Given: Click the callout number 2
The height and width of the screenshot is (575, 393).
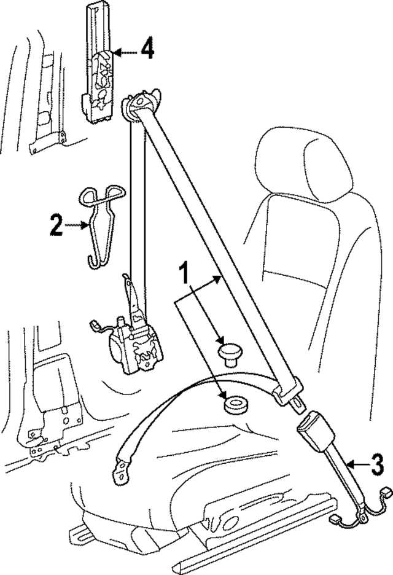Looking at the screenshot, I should [56, 226].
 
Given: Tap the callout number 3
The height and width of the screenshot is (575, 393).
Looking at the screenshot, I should [378, 464].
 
